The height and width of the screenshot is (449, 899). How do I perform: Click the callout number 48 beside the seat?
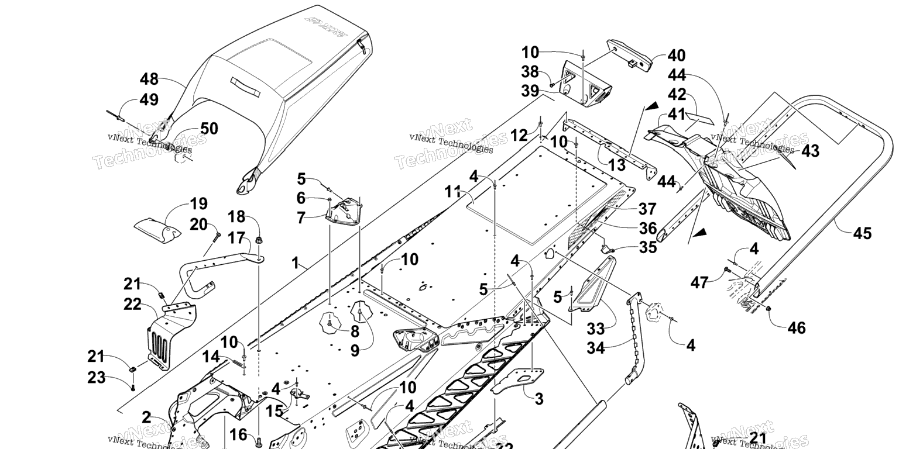[x=149, y=79]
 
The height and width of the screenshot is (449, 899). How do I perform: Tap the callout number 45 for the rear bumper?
[x=862, y=233]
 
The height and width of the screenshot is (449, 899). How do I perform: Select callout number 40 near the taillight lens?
[x=677, y=56]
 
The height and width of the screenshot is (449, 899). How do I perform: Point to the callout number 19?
[x=198, y=204]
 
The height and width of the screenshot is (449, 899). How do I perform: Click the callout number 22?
[x=133, y=303]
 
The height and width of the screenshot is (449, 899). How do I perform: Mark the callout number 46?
[x=796, y=327]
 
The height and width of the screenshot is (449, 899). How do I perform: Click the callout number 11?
[x=452, y=191]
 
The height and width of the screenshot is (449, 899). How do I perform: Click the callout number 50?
[x=209, y=129]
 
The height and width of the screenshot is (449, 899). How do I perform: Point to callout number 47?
[x=699, y=284]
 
